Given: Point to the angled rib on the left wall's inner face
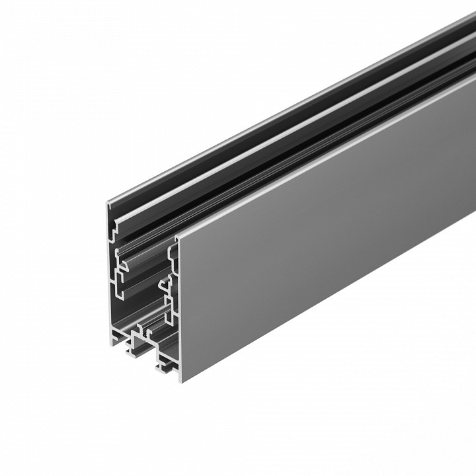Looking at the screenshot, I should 119,254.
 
